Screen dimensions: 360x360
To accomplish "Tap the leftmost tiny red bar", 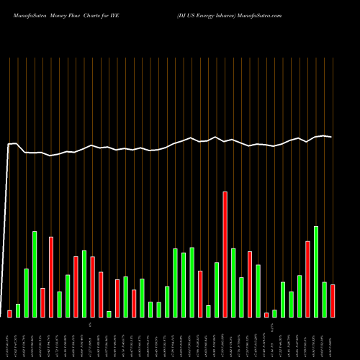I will (9, 313).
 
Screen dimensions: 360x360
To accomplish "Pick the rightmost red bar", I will (333, 301).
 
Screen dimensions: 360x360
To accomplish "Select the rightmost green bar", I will (324, 300).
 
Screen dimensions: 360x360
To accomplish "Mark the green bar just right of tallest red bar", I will (233, 282).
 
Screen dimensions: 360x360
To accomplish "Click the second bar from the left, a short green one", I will (18, 310).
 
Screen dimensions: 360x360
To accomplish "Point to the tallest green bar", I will (316, 271).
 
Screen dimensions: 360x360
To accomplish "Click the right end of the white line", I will (332, 137).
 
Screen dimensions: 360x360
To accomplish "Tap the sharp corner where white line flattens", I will (16, 144).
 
